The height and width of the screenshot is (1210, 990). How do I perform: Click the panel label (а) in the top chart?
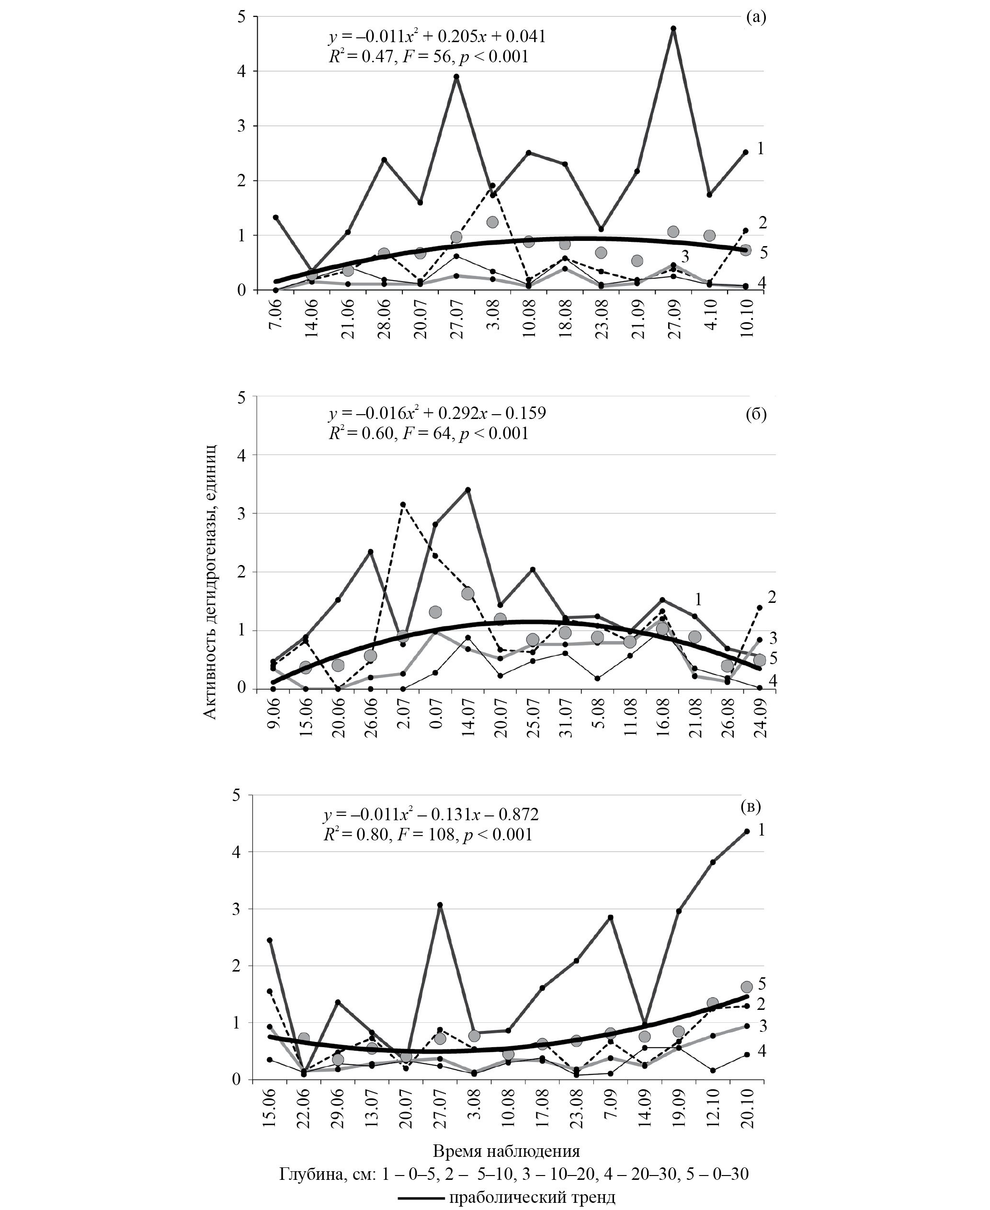[756, 17]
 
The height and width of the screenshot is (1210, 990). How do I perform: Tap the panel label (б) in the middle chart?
[756, 415]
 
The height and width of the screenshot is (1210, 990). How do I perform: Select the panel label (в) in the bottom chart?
[750, 806]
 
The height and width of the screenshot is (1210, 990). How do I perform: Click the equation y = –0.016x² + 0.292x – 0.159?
[437, 412]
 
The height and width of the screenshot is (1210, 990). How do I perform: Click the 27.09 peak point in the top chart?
[673, 28]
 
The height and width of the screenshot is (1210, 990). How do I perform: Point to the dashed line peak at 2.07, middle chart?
[403, 504]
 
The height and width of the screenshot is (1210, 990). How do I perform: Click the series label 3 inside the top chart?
[685, 254]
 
